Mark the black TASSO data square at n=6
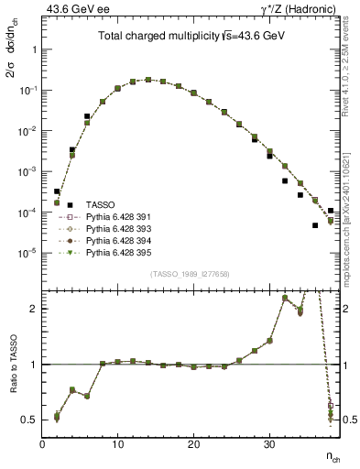click(87, 116)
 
